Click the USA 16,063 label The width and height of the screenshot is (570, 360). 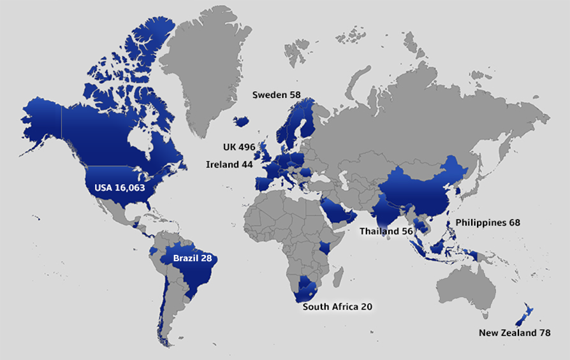[x=121, y=188]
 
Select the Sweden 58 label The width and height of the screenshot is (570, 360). [x=276, y=95]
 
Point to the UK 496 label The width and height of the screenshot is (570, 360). [x=238, y=147]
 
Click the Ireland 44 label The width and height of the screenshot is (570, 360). [x=229, y=164]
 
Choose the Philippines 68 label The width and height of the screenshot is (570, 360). [x=488, y=223]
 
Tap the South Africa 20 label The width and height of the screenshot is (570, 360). [x=337, y=306]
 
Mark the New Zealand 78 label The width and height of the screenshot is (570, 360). [x=515, y=333]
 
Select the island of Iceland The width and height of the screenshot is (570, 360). [x=242, y=121]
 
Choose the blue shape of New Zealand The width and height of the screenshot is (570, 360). [x=527, y=315]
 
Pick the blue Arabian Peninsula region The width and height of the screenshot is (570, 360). [x=337, y=210]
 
